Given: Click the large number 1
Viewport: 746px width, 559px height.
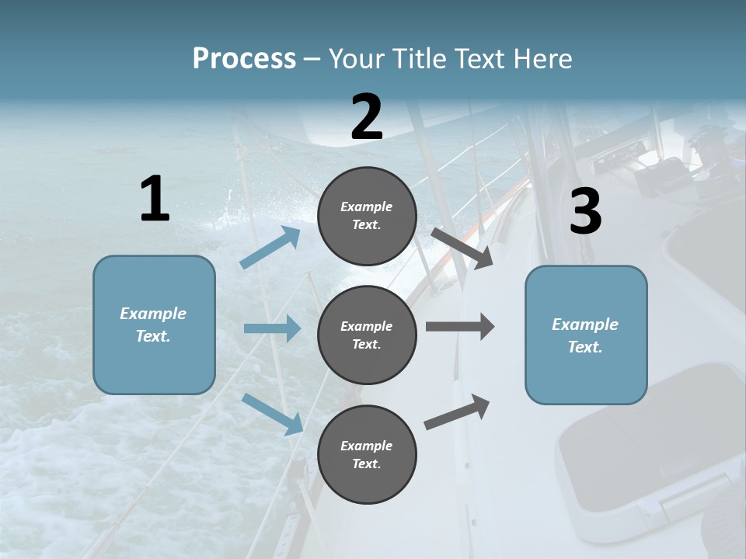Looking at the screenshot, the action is [155, 199].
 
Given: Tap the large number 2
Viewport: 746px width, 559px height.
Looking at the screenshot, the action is [367, 117].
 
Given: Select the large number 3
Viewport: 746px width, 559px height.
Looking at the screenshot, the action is [585, 212].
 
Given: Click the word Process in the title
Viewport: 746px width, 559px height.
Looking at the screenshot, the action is [244, 58].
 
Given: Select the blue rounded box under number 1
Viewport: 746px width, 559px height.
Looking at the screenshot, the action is [154, 325].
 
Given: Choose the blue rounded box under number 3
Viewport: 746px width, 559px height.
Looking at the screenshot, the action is [586, 335].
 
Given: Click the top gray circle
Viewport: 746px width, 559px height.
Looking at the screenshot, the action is [367, 216].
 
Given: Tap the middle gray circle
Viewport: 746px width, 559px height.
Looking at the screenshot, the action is [367, 335].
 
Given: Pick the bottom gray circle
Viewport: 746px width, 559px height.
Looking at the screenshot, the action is [367, 454].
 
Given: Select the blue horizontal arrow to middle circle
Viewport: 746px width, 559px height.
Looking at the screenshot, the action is [272, 328].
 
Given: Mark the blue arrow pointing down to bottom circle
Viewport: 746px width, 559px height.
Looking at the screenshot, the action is [273, 413].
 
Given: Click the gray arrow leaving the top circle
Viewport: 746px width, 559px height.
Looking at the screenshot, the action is [462, 248].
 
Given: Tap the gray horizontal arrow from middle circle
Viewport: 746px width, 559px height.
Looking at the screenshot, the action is [459, 327].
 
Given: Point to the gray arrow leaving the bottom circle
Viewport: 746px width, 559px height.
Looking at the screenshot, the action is [457, 411].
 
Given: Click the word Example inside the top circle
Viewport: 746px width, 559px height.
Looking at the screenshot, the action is [367, 207].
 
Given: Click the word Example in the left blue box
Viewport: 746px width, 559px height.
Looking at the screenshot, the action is [153, 314].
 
